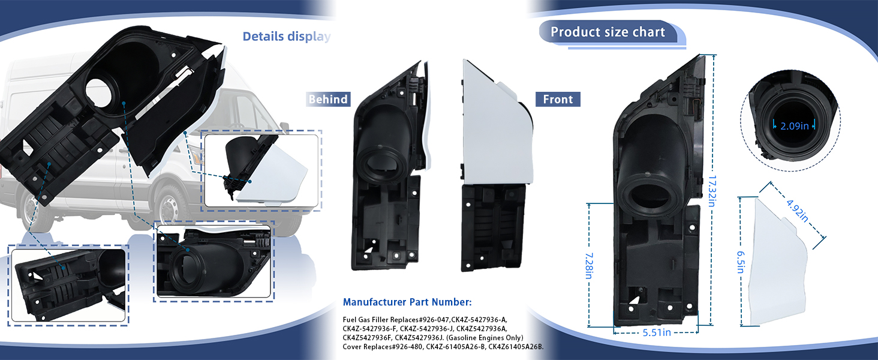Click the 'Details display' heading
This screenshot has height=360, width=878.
(287, 37)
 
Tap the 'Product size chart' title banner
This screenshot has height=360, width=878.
(608, 32)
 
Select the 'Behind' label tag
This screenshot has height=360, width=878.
(328, 99)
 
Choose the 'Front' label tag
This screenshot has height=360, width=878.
(558, 99)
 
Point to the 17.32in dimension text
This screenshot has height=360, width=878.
(712, 191)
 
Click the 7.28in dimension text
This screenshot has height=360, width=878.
(589, 265)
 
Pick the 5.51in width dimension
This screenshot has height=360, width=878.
(657, 332)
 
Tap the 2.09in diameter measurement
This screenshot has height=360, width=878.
(795, 126)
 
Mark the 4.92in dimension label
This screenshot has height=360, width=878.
(797, 211)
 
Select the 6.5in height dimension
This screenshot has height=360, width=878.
(741, 262)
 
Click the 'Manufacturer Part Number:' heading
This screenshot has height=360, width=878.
(407, 302)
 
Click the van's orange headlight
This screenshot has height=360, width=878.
(198, 155)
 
